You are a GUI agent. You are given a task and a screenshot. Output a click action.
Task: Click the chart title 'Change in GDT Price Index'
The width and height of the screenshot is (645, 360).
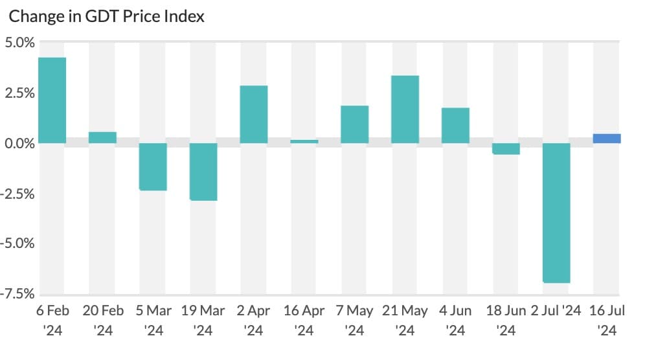pyautogui.click(x=106, y=16)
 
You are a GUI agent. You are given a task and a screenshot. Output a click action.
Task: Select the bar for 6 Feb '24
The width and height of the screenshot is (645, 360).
pyautogui.click(x=52, y=100)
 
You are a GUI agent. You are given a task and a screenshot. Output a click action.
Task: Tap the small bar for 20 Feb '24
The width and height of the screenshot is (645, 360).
pyautogui.click(x=102, y=137)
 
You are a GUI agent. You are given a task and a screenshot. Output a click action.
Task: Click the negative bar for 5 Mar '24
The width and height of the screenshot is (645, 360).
pyautogui.click(x=153, y=166)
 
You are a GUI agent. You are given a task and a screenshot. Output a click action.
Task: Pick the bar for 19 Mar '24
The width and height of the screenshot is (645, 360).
pyautogui.click(x=203, y=172)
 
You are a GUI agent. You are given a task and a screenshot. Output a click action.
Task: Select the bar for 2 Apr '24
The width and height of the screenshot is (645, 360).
pyautogui.click(x=254, y=115)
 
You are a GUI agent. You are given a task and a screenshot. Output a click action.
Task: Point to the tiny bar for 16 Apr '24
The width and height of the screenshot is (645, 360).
pyautogui.click(x=304, y=141)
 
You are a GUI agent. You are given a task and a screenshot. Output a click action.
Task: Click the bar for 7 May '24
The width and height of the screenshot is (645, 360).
pyautogui.click(x=355, y=124)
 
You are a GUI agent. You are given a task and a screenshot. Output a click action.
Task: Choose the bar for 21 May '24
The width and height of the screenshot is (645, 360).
pyautogui.click(x=405, y=109)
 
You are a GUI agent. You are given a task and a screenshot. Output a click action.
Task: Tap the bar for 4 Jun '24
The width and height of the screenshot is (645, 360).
pyautogui.click(x=455, y=126)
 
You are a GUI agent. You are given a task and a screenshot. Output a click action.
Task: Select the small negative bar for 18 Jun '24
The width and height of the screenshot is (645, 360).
pyautogui.click(x=506, y=149)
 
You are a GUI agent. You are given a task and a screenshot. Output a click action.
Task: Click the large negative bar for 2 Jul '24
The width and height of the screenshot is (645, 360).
pyautogui.click(x=556, y=212)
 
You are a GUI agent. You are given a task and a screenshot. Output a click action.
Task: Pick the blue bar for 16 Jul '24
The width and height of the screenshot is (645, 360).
pyautogui.click(x=607, y=139)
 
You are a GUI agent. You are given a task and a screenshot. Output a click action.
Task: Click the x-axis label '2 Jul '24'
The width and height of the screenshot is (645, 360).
pyautogui.click(x=556, y=311)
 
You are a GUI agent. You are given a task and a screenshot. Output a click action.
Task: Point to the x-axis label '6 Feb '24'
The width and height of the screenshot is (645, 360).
pyautogui.click(x=52, y=320)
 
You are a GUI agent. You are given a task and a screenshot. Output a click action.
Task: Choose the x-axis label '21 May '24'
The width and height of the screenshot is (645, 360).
pyautogui.click(x=405, y=320)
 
